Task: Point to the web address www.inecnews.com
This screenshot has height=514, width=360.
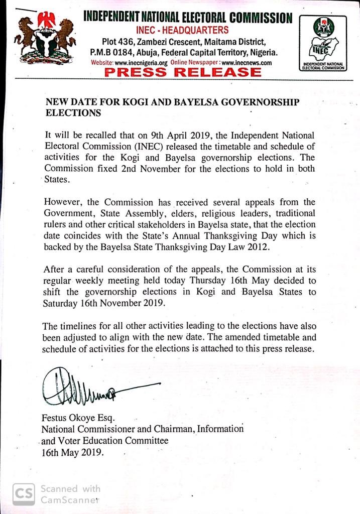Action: [x=247, y=63]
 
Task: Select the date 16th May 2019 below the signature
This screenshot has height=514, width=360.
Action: [x=73, y=452]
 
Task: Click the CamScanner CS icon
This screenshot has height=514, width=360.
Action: [x=24, y=493]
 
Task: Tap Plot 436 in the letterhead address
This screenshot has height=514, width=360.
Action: [x=122, y=41]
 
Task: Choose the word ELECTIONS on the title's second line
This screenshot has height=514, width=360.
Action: [x=73, y=113]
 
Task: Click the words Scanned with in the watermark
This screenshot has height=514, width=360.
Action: [x=70, y=488]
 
